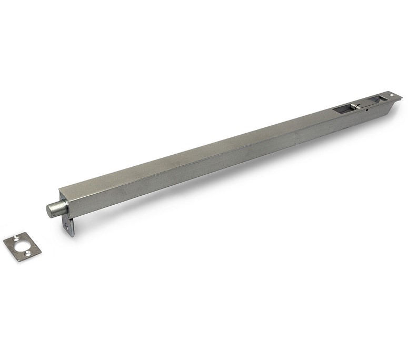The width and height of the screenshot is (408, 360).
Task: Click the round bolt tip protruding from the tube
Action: (54, 208)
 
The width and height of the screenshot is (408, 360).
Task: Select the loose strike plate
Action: (23, 247)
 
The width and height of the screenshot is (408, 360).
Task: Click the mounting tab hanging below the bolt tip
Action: (69, 224)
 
